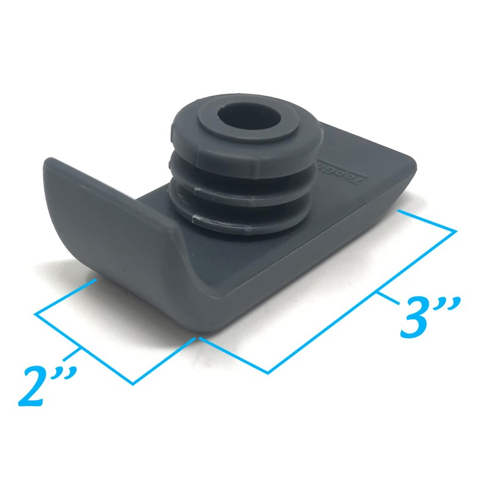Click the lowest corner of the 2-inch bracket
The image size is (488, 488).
tap(133, 383)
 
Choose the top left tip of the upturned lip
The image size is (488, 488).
tap(49, 160)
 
